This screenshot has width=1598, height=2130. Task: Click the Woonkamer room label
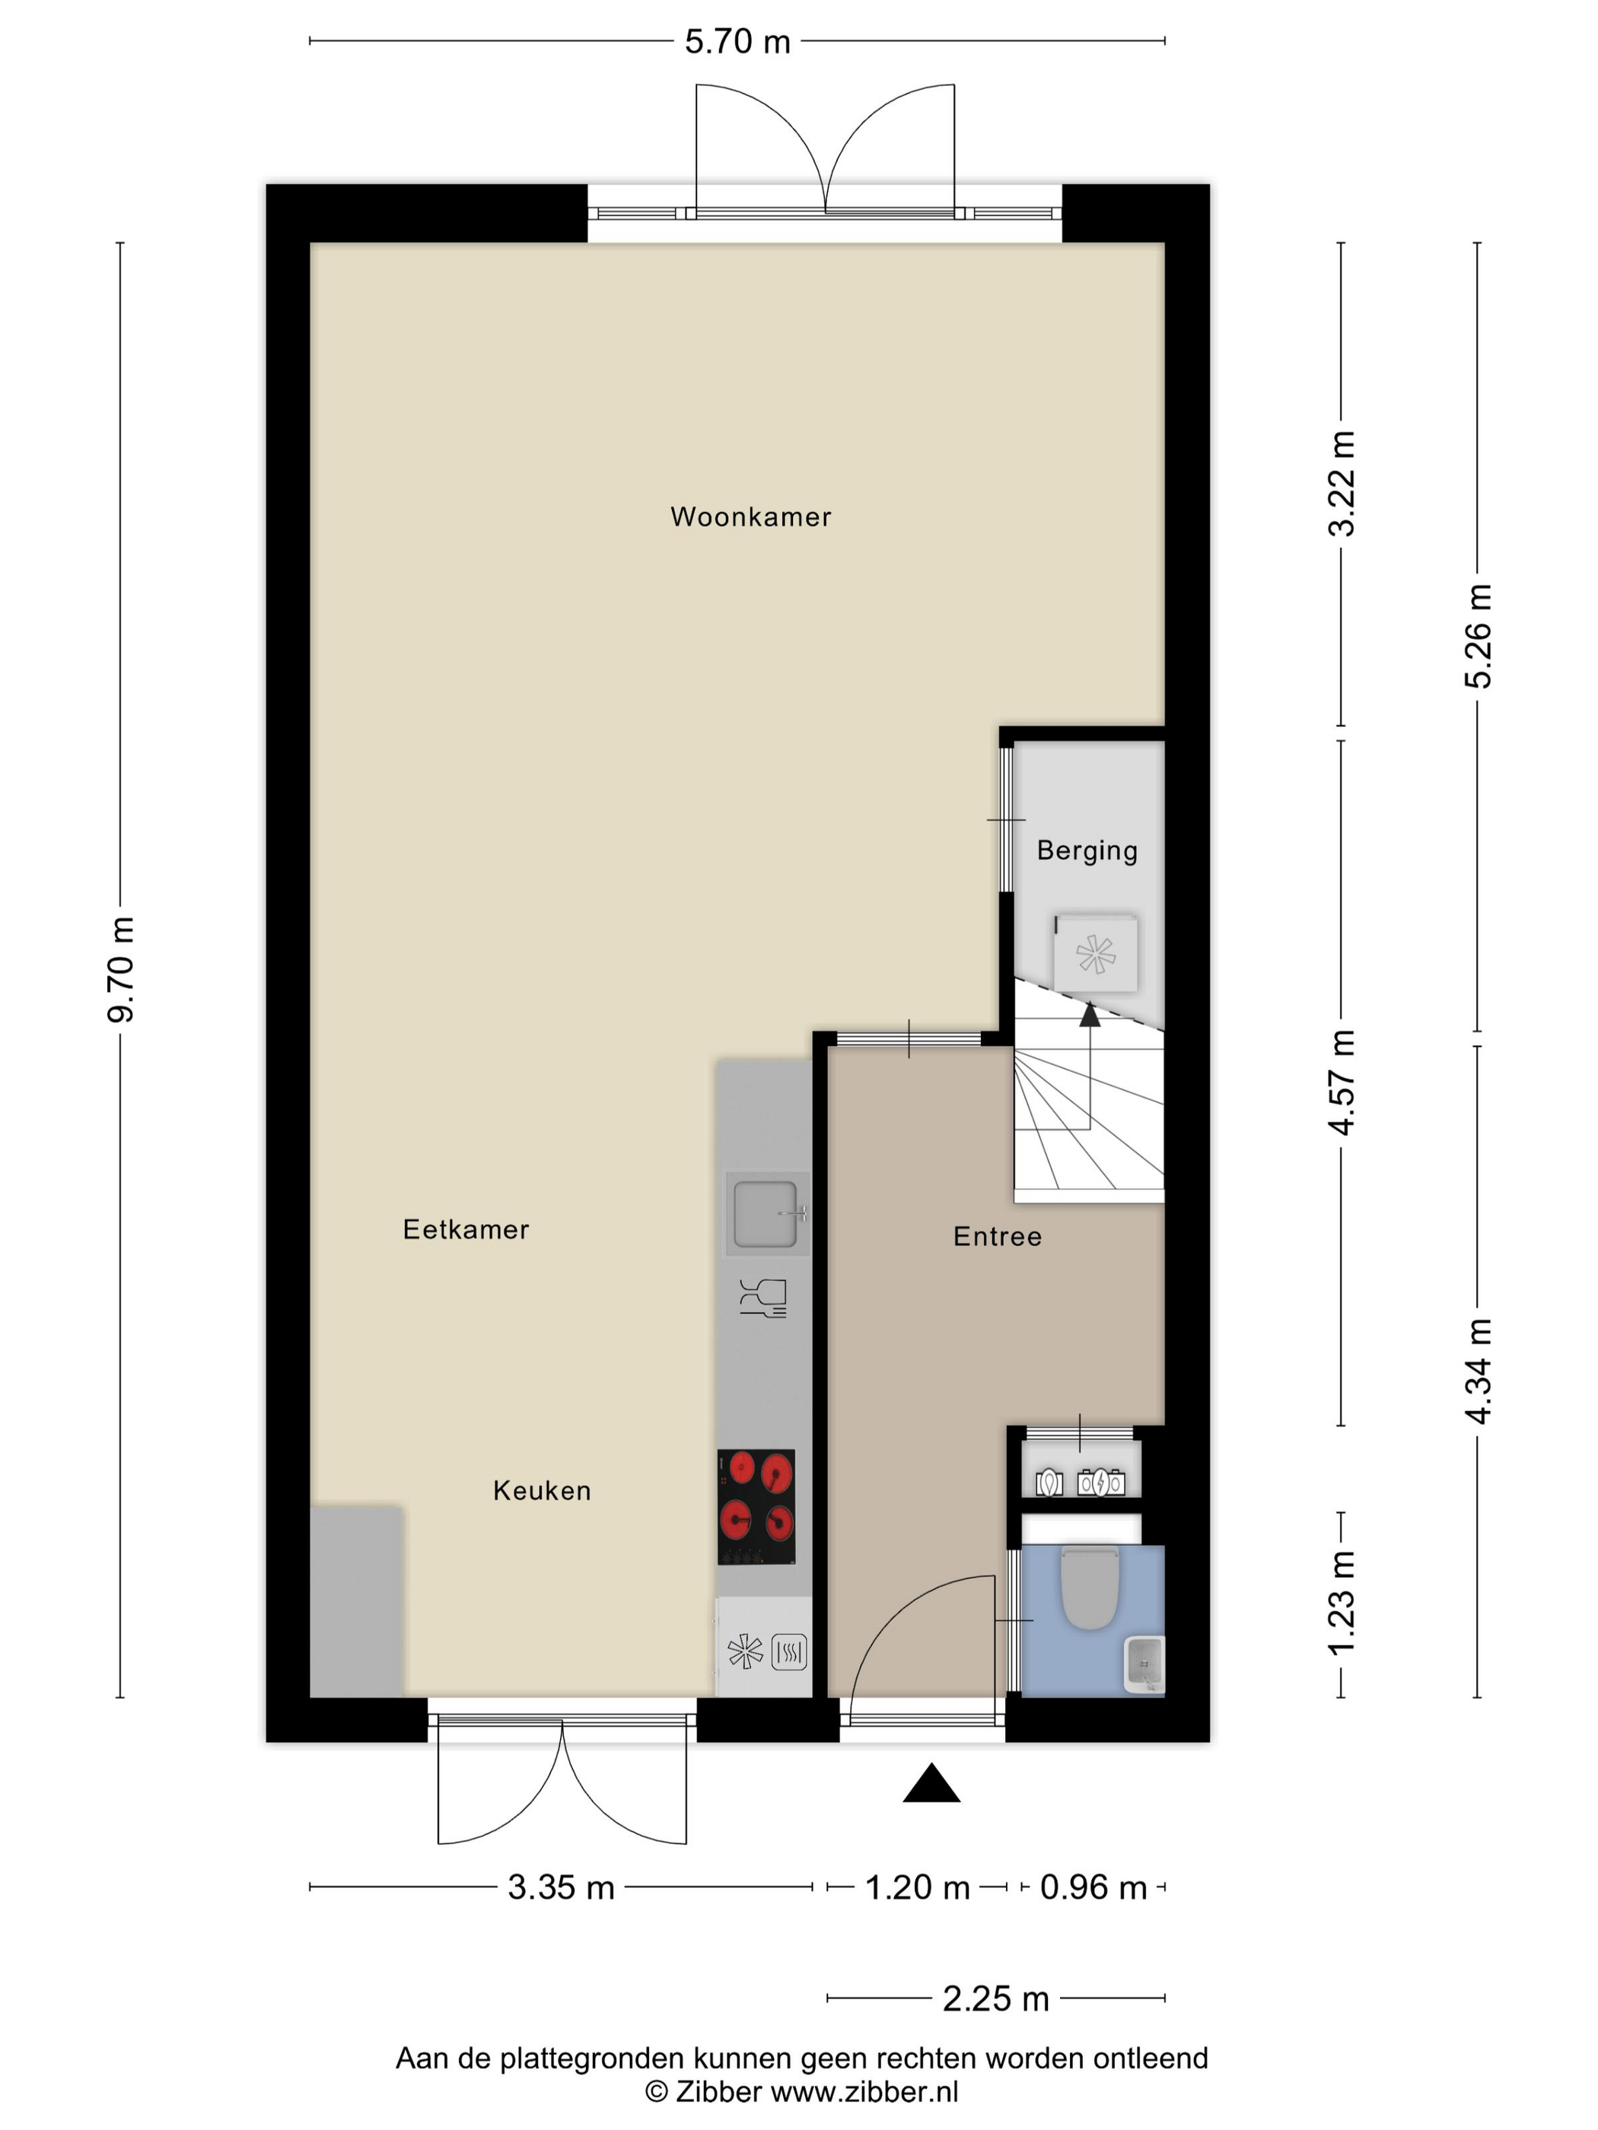click(x=750, y=517)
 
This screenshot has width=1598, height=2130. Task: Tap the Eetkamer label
click(x=466, y=1229)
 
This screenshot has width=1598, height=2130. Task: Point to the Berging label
click(x=1087, y=850)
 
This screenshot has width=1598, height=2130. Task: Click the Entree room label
click(x=998, y=1236)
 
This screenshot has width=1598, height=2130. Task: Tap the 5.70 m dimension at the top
click(x=738, y=41)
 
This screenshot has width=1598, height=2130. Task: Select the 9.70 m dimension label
click(x=121, y=970)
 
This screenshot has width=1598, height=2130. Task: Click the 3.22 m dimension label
click(x=1342, y=483)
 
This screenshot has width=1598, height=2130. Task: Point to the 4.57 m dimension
click(x=1342, y=1082)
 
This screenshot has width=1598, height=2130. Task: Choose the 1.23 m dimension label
click(x=1342, y=1604)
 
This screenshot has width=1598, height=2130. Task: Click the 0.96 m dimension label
click(x=1093, y=1887)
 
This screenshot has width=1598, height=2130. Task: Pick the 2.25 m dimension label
click(x=996, y=1999)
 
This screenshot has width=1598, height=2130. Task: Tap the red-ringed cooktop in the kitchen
click(x=756, y=1507)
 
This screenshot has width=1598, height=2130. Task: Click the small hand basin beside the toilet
click(x=1144, y=1663)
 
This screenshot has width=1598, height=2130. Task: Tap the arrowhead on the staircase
click(x=1090, y=1014)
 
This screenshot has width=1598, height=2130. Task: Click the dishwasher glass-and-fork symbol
click(x=763, y=1298)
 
